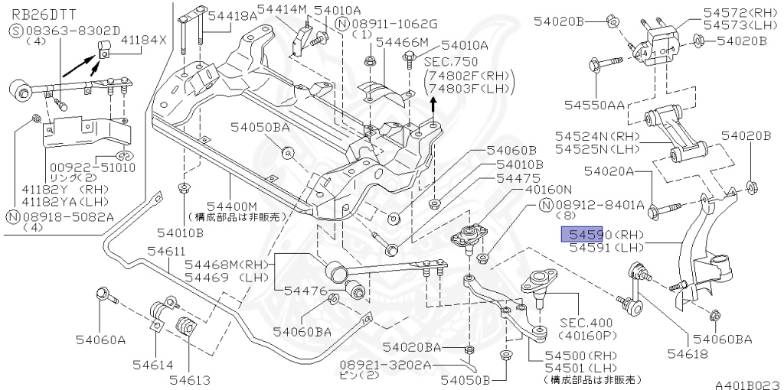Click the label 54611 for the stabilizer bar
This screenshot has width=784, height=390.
click(166, 251)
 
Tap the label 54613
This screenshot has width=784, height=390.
click(189, 379)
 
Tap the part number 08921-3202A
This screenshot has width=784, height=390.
click(384, 366)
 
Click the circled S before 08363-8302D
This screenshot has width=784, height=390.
click(17, 31)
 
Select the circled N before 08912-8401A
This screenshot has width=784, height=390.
click(546, 204)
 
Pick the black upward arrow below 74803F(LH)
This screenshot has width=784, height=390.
click(434, 104)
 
